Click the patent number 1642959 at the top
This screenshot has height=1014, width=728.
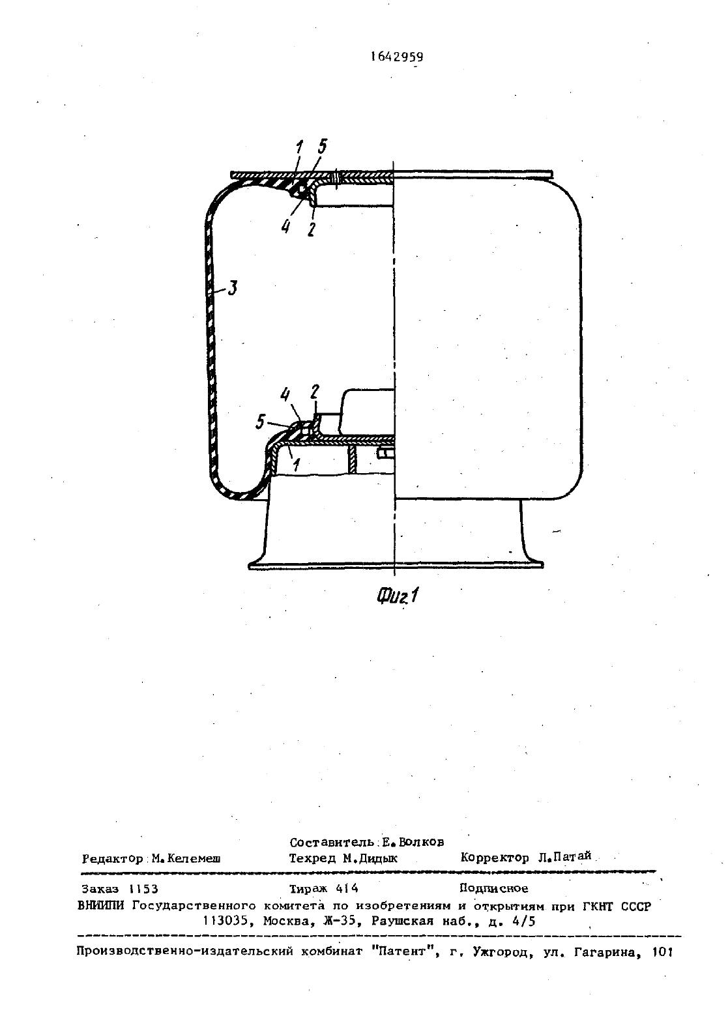point(397,57)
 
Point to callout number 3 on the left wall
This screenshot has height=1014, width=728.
point(232,288)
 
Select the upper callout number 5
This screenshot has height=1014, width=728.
point(322,147)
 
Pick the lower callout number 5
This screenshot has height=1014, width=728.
point(260,422)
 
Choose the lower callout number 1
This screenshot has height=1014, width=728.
point(296,465)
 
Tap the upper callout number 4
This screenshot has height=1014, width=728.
point(285,226)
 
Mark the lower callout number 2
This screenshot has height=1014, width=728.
point(315,392)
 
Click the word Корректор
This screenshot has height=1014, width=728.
point(495,858)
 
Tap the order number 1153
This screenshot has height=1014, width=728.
point(143,889)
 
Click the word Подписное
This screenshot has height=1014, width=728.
point(494,888)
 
